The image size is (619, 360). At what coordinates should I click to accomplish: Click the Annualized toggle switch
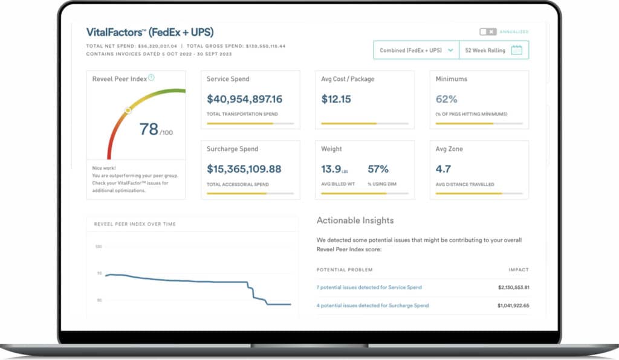tap(488, 31)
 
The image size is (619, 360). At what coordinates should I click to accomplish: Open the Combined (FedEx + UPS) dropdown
tap(416, 51)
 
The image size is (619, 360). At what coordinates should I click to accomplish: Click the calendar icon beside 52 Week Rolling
tap(516, 51)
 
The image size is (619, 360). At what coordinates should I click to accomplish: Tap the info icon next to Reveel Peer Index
tap(151, 77)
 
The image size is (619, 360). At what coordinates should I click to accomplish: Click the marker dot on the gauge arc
tap(128, 111)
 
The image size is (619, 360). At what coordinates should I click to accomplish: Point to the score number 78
tap(149, 129)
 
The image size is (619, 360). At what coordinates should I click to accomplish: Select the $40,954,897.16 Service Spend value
tap(244, 99)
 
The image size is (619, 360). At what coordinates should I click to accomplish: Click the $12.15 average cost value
tap(336, 99)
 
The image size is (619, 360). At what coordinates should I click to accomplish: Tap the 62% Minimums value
tap(447, 99)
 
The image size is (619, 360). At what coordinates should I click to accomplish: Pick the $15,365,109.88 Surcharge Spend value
tap(244, 169)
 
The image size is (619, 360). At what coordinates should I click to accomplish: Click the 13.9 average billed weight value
tap(332, 169)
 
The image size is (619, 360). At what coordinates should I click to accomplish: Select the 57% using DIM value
tap(378, 169)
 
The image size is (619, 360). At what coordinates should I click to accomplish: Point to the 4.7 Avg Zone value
tap(444, 169)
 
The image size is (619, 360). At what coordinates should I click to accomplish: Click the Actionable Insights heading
tap(355, 220)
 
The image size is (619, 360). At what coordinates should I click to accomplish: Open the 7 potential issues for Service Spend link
tap(369, 288)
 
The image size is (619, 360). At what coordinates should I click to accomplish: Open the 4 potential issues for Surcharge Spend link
tap(372, 306)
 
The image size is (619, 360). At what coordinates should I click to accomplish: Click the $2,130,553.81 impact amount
tap(513, 288)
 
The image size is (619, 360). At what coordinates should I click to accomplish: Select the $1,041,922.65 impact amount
tap(513, 306)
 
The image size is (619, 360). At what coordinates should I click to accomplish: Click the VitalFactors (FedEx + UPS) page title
tap(150, 32)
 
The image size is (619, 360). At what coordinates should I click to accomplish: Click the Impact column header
tap(519, 269)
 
